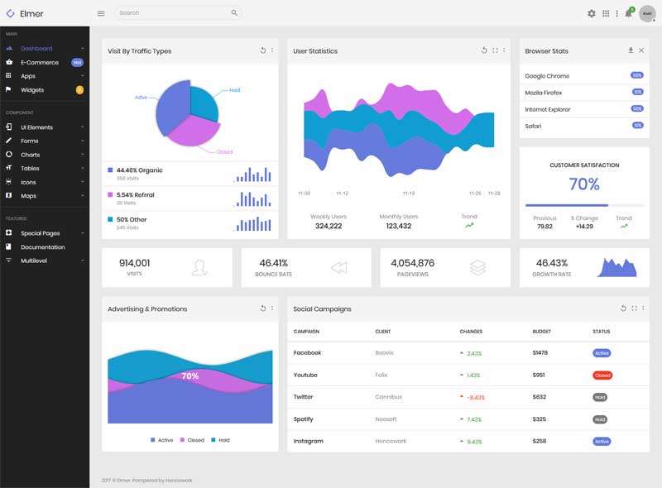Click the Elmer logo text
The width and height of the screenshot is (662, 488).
[x=31, y=13]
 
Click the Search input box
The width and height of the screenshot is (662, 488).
[x=174, y=13]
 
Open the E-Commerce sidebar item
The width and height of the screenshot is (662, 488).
[x=40, y=62]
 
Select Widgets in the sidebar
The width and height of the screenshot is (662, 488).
[x=32, y=89]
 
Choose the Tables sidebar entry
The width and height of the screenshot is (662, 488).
[x=30, y=168]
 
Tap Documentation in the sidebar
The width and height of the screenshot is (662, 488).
[x=43, y=246]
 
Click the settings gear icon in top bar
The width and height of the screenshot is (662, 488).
[x=592, y=13]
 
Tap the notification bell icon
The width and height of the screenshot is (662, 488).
[x=628, y=13]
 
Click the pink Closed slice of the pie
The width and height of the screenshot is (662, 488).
[x=194, y=131]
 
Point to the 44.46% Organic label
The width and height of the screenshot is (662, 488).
[x=139, y=170]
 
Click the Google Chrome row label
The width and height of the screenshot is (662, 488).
[x=547, y=76]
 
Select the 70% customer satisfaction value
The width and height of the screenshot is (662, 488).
[x=584, y=184]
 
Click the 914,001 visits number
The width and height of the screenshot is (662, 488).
[x=135, y=263]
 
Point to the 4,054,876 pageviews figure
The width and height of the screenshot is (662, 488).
[x=412, y=263]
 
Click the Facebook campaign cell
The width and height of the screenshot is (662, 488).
[x=307, y=352]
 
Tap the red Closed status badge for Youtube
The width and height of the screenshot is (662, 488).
[x=602, y=375]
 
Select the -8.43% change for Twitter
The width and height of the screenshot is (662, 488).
[x=474, y=397]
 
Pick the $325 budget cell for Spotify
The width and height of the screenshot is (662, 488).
[x=539, y=419]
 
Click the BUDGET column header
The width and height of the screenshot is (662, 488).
[x=541, y=332]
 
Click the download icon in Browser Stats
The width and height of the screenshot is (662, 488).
[x=631, y=50]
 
